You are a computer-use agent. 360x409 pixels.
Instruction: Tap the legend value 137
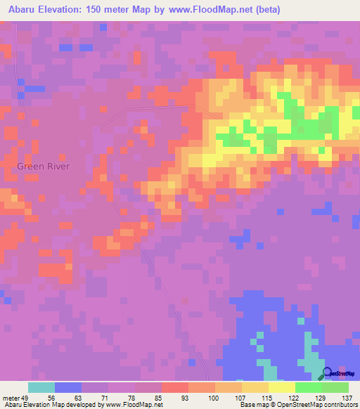point(347,397)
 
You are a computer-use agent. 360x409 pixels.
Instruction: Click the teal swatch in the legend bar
point(41,387)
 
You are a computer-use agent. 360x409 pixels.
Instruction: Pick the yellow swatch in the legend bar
point(281,387)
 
